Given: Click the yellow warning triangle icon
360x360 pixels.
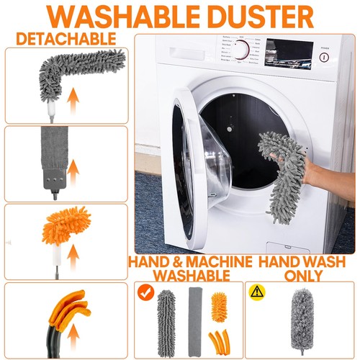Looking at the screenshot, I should pyautogui.click(x=256, y=291).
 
